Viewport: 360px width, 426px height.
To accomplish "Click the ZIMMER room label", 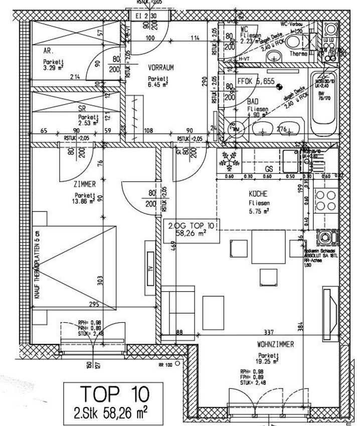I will tap(84, 184).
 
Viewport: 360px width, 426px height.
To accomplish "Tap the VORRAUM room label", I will tap(160, 68).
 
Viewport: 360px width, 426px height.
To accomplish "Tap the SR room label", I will tap(83, 108).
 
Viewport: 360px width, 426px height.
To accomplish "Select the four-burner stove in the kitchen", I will tap(326, 201).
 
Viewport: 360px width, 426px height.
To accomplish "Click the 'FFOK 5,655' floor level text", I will tap(256, 82).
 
